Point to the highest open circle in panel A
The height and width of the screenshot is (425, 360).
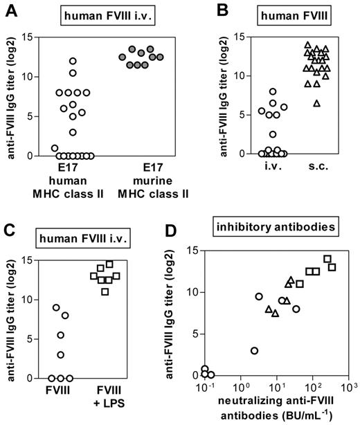[x=72, y=60]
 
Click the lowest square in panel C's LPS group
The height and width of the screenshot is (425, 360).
[x=105, y=291]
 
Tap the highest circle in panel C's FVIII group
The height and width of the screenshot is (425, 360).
[x=55, y=307]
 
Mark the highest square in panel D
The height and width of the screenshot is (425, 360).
[x=327, y=259]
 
